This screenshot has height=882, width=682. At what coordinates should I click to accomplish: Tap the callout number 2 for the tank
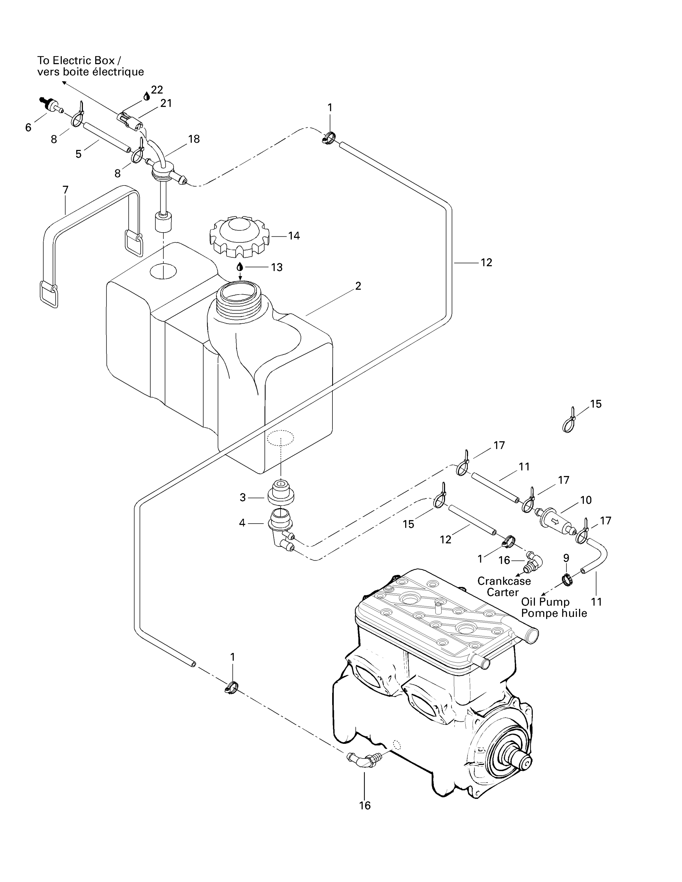coord(358,286)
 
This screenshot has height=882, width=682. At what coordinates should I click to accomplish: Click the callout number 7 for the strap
coord(65,189)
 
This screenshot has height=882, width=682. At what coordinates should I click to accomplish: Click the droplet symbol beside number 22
coord(147,96)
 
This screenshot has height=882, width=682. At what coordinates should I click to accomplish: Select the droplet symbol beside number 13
coord(240,267)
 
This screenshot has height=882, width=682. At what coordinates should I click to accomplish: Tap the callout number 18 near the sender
coord(194,139)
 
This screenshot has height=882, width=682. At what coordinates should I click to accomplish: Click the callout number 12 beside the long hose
coord(486,263)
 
